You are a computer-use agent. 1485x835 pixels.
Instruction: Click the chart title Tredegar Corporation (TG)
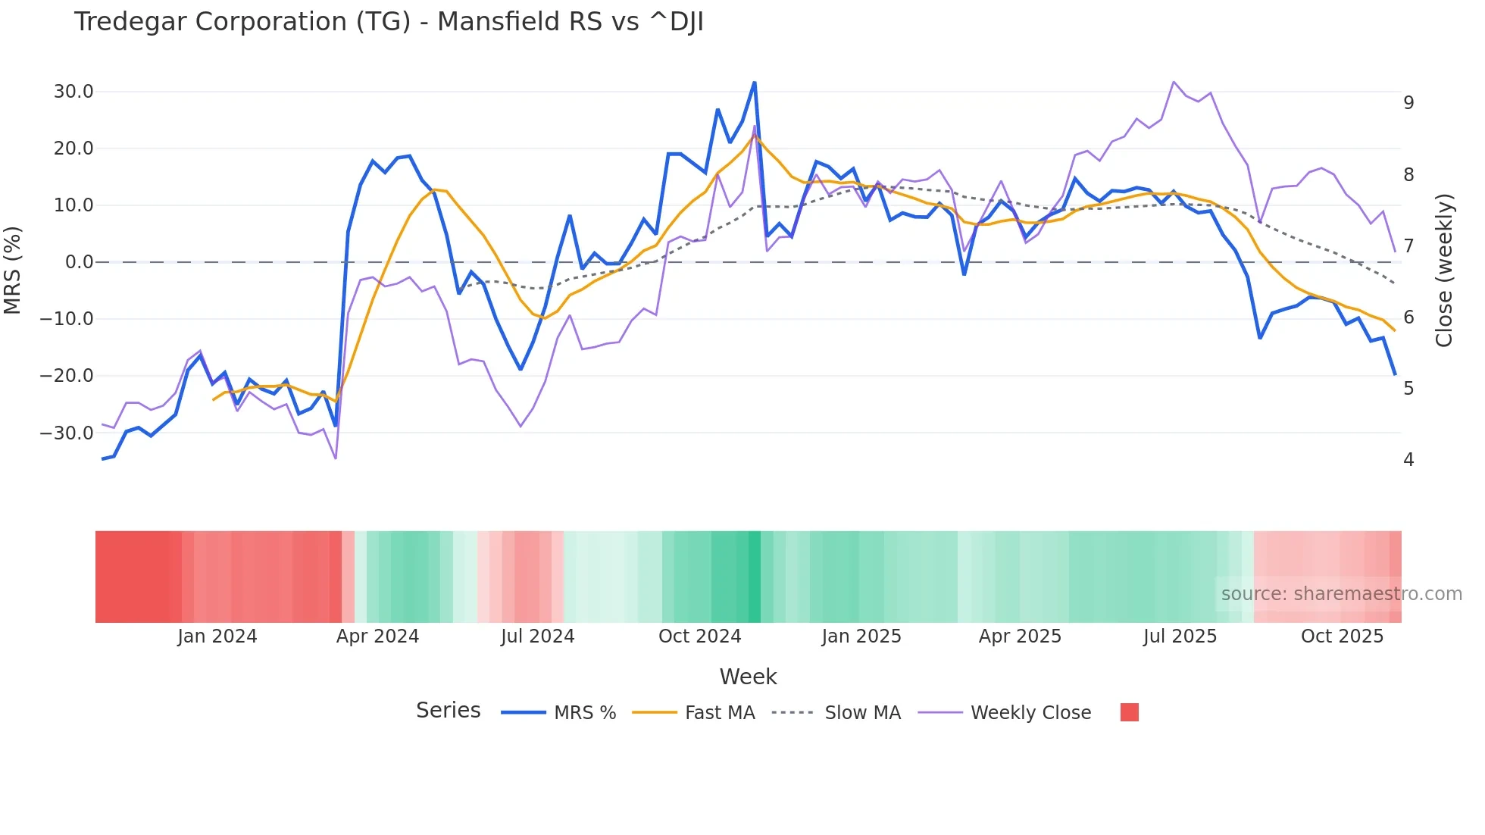[x=389, y=22]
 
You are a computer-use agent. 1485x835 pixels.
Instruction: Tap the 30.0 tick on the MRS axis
[x=73, y=92]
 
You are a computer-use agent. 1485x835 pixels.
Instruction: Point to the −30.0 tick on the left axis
[x=67, y=433]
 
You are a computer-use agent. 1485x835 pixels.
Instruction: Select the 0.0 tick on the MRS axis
[x=80, y=262]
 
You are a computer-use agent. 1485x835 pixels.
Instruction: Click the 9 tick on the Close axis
[x=1408, y=102]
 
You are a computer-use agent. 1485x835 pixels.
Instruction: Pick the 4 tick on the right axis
[x=1408, y=460]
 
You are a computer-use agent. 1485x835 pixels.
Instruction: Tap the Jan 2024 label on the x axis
[x=217, y=636]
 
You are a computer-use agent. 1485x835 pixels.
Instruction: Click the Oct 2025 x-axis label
[x=1342, y=636]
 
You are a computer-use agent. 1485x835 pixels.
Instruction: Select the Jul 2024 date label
[x=537, y=636]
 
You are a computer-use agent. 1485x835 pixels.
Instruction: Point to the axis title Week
[x=748, y=677]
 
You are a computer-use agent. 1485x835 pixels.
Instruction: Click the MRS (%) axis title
[x=13, y=270]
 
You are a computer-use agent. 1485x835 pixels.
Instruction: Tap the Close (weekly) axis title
[x=1444, y=270]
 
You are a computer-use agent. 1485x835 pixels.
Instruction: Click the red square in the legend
[x=1129, y=712]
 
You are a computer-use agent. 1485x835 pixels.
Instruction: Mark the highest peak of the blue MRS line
[x=755, y=83]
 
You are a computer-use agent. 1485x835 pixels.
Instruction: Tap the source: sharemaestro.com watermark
[x=1341, y=594]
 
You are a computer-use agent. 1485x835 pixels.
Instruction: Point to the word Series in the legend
[x=448, y=711]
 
